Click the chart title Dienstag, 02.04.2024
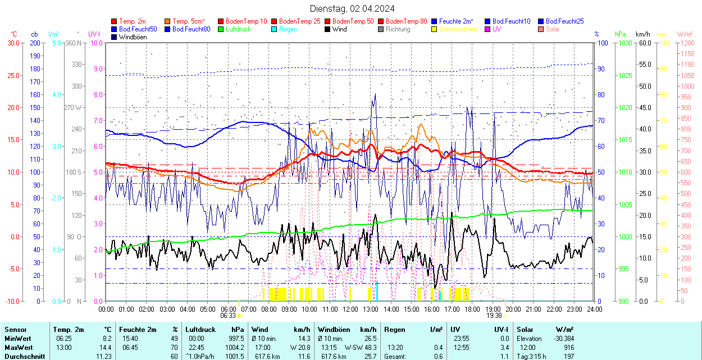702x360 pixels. pyautogui.click(x=352, y=8)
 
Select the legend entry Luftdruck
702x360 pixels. pyautogui.click(x=238, y=29)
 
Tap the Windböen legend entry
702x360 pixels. pyautogui.click(x=133, y=37)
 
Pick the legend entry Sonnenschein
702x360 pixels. pyautogui.click(x=458, y=29)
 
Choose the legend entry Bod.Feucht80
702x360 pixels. pyautogui.click(x=191, y=29)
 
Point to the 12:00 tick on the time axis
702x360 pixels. pyautogui.click(x=350, y=309)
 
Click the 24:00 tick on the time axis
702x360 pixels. pyautogui.click(x=595, y=309)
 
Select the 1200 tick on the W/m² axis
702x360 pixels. pyautogui.click(x=687, y=43)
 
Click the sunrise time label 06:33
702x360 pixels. pyautogui.click(x=228, y=316)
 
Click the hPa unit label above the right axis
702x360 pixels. pyautogui.click(x=620, y=34)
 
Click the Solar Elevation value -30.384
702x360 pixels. pyautogui.click(x=563, y=339)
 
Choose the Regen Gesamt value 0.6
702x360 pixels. pyautogui.click(x=437, y=357)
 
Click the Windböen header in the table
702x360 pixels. pyautogui.click(x=334, y=330)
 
